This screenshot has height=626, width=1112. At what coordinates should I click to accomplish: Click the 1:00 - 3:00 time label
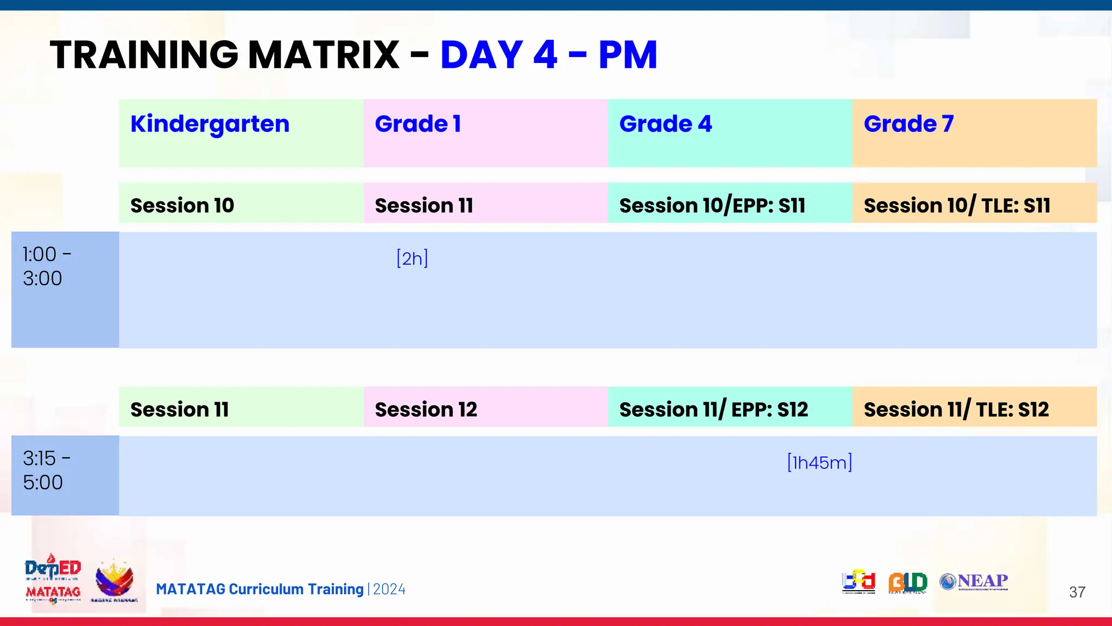(47, 266)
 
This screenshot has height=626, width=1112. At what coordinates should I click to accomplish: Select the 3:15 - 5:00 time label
(47, 471)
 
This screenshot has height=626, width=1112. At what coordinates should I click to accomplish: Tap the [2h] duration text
(412, 258)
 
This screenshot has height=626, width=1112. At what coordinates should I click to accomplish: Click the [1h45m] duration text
(819, 462)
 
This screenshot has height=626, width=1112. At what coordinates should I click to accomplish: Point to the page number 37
(1077, 592)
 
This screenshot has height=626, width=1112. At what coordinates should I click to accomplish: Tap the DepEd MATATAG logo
(53, 579)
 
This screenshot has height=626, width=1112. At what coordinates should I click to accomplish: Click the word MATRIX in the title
(324, 55)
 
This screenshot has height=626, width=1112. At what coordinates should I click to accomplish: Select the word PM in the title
(628, 55)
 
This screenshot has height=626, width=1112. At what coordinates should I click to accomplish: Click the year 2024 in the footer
(389, 590)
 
